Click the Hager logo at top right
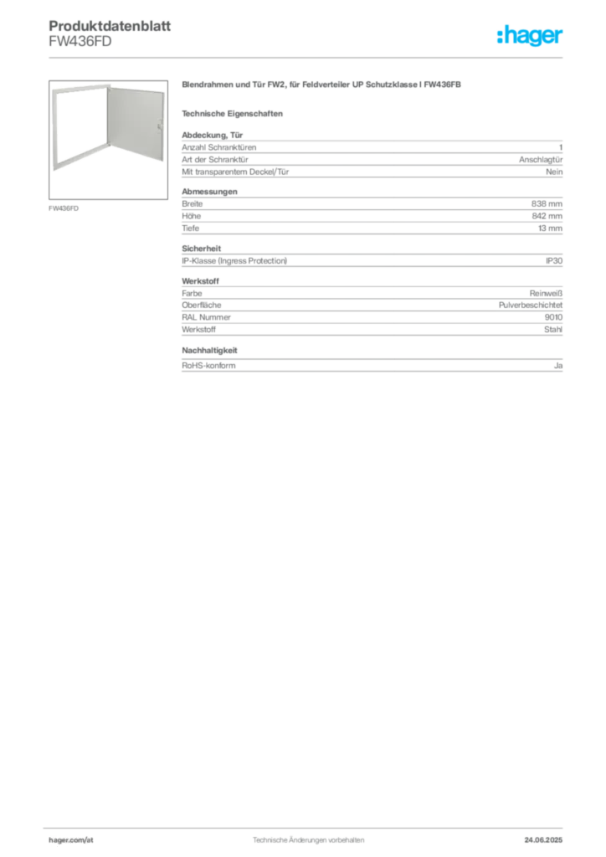tap(530, 35)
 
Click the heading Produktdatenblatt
tap(110, 26)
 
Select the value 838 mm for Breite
tap(547, 204)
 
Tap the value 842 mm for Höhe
tap(547, 216)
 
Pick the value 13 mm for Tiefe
tap(550, 228)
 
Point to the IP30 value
tap(554, 261)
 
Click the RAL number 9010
tap(553, 317)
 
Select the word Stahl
tap(553, 330)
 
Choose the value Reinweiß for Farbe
tap(546, 294)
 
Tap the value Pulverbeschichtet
tap(531, 305)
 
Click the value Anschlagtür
tap(541, 160)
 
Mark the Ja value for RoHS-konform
tap(558, 366)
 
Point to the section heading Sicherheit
tap(201, 249)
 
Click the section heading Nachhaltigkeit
tap(209, 351)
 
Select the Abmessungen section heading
tap(209, 192)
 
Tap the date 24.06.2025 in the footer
tap(543, 840)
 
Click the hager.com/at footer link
tap(71, 840)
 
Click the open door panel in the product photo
tap(136, 123)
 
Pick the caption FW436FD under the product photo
tap(64, 208)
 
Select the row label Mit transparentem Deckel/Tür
tap(235, 172)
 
